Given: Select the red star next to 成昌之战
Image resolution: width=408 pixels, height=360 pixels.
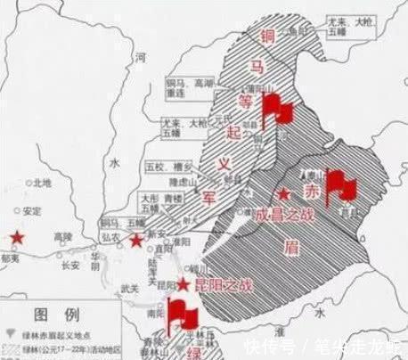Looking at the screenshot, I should click(x=284, y=194).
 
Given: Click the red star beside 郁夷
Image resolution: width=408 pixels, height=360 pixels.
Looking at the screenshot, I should click(x=16, y=237).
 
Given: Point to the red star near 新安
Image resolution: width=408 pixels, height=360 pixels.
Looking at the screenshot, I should click(x=136, y=241).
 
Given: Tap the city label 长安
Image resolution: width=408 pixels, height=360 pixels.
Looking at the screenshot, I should click(x=69, y=264).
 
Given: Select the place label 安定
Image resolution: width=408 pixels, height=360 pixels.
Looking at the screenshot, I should click(x=34, y=211).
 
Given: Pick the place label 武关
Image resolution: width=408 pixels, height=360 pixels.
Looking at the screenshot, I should click(x=130, y=285).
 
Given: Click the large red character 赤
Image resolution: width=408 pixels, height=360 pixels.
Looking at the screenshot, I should click(x=310, y=192).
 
